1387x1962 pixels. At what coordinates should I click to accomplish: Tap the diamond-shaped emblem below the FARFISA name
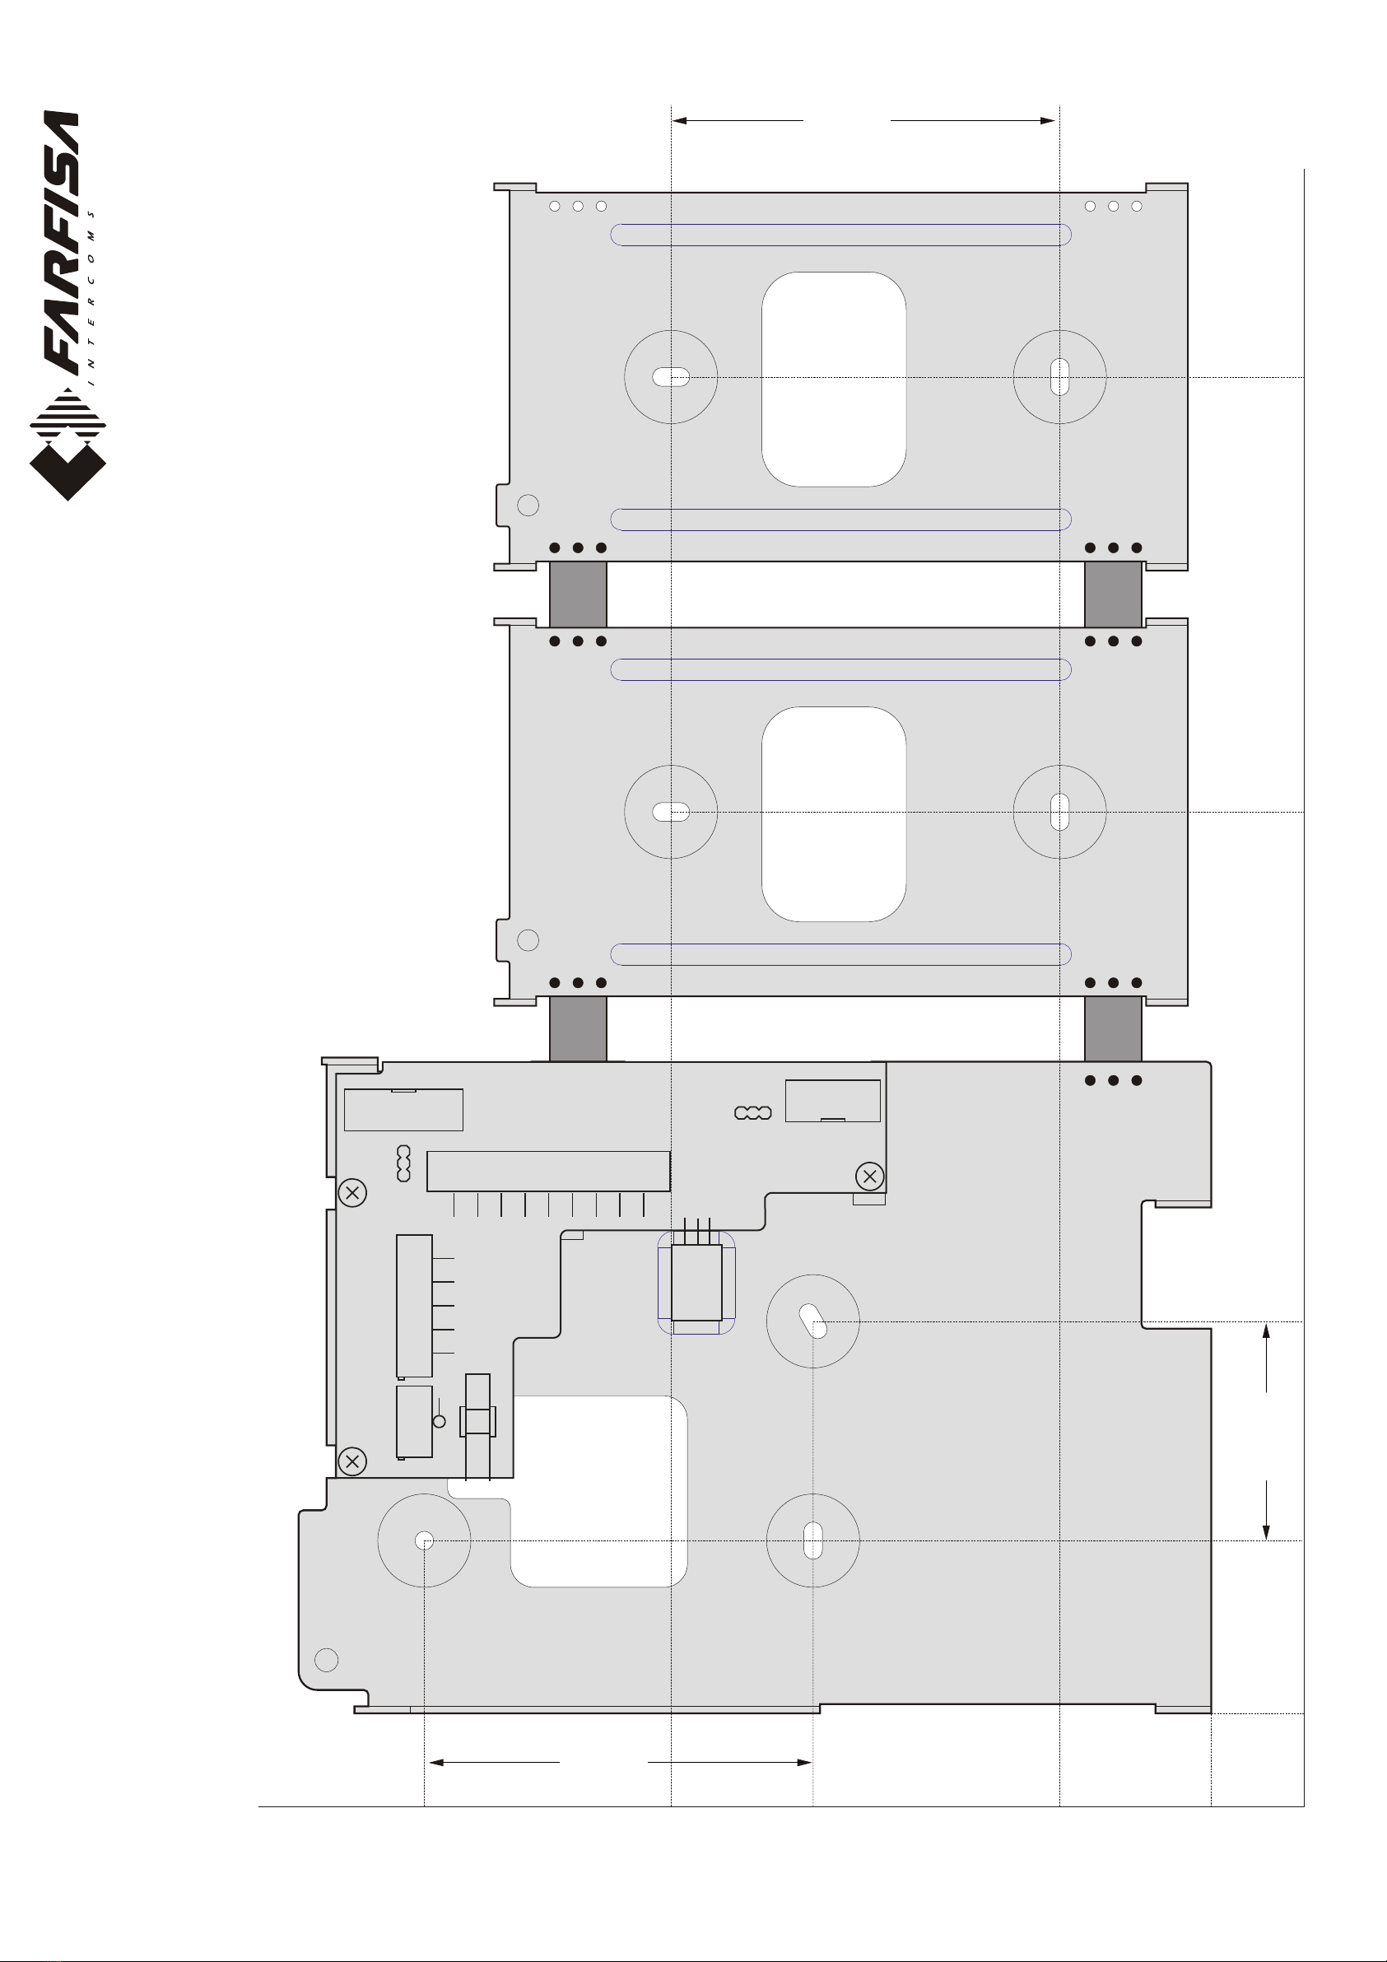67,444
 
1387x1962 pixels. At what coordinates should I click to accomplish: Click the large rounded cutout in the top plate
833,380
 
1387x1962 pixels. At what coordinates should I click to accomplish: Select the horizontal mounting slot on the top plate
671,377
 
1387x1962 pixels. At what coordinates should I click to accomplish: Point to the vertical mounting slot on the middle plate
1059,812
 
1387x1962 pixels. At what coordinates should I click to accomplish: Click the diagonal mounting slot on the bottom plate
812,1321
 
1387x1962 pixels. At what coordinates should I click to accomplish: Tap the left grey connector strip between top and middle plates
578,594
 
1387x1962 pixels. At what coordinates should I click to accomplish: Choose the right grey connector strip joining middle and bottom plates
1113,1029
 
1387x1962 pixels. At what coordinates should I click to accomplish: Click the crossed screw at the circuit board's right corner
870,1176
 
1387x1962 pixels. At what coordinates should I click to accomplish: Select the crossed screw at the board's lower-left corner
352,1461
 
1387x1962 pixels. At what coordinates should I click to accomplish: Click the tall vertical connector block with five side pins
415,1306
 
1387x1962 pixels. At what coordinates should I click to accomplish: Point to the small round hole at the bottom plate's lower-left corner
327,1661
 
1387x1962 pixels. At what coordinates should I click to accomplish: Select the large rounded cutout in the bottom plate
598,1491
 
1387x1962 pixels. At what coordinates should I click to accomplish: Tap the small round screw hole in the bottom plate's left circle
424,1540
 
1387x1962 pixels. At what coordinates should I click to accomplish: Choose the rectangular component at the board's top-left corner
403,1109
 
